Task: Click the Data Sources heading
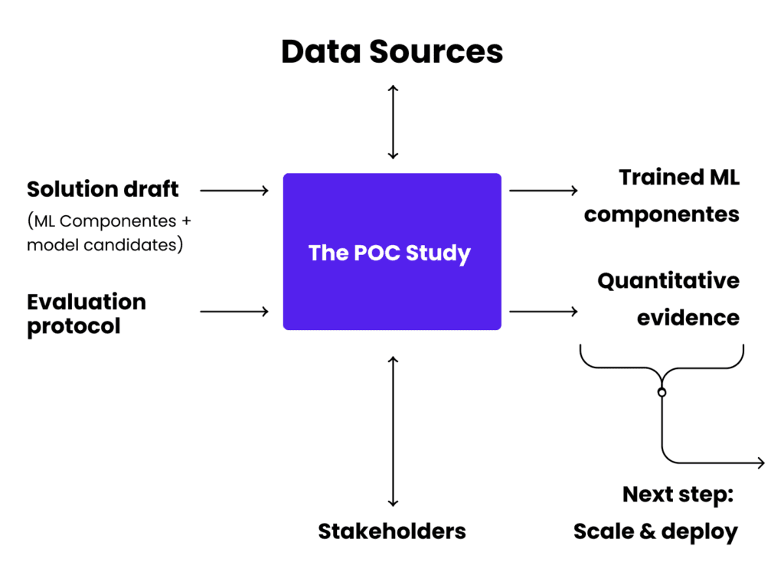point(392,52)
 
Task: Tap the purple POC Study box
point(392,252)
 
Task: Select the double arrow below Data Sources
point(393,122)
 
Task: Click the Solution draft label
point(103,188)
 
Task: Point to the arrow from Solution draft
point(234,190)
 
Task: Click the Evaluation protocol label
point(86,313)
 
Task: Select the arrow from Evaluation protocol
point(234,311)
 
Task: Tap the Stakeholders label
point(392,531)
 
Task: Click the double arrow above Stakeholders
point(393,431)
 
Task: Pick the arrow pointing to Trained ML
point(543,190)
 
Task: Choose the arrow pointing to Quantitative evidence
point(543,311)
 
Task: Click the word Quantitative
point(668,281)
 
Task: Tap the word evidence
point(688,317)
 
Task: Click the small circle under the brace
point(661,392)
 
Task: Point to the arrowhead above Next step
point(760,463)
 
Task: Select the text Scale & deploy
point(655,531)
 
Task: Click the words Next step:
point(678,494)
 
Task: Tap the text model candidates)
point(105,246)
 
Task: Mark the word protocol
point(73,325)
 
